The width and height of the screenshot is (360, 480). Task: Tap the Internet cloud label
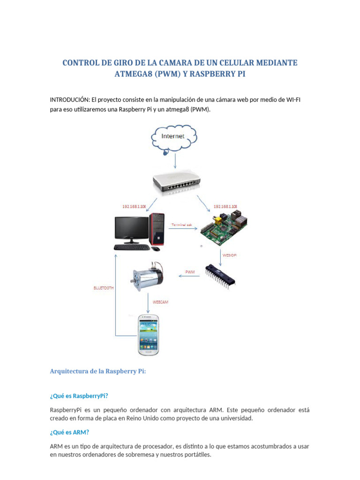pyautogui.click(x=173, y=136)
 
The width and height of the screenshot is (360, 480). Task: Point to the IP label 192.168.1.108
pyautogui.click(x=225, y=206)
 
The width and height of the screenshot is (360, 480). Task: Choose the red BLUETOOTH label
pyautogui.click(x=104, y=288)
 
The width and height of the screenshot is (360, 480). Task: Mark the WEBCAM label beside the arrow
pyautogui.click(x=160, y=302)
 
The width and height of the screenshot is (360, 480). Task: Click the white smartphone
pyautogui.click(x=148, y=334)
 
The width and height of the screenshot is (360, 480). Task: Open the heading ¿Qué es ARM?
pyautogui.click(x=69, y=432)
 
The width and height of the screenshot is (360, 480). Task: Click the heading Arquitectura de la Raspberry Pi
pyautogui.click(x=98, y=371)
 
